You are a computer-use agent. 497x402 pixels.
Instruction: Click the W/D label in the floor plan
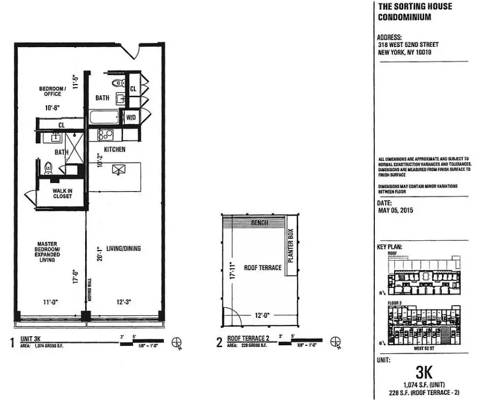click(x=131, y=117)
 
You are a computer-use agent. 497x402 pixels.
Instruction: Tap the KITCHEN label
click(x=114, y=149)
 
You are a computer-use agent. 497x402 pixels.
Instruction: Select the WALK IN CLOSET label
click(x=62, y=193)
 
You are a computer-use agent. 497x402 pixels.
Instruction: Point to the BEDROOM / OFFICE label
click(x=52, y=91)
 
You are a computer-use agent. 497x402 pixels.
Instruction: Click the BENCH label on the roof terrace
click(x=259, y=223)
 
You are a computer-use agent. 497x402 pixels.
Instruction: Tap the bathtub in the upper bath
click(x=105, y=117)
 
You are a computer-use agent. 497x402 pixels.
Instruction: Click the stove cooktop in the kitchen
click(x=105, y=134)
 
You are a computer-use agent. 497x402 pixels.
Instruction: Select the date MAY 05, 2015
click(x=395, y=210)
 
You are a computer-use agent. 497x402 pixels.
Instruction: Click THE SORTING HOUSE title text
click(x=415, y=6)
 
